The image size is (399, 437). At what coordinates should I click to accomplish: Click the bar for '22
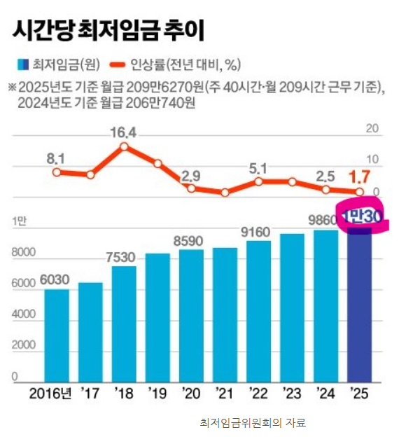point(258,311)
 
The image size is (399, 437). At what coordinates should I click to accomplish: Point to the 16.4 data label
point(123,132)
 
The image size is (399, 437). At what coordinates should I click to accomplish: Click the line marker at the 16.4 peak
point(124,147)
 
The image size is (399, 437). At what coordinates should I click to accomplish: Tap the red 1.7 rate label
point(359,175)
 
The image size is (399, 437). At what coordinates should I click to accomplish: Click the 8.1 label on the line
point(56,158)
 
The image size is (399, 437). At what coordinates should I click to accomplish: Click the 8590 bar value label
point(191,240)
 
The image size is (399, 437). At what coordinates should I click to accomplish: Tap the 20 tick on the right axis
point(372,130)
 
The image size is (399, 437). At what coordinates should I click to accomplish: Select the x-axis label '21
point(225,393)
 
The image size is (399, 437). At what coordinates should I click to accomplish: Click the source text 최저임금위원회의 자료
point(253,423)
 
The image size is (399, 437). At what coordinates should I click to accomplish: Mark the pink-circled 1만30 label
point(360,218)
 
